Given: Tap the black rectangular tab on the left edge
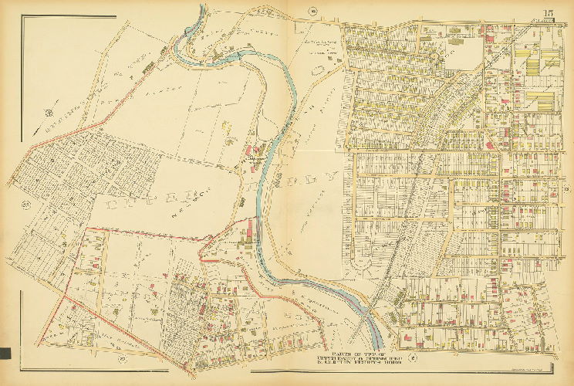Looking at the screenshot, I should (5, 354).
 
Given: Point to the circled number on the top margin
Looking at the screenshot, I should (313, 10).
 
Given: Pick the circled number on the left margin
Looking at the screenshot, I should (25, 205).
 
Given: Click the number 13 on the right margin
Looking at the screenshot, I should (566, 190).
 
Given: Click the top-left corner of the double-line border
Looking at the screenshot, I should (21, 17).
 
